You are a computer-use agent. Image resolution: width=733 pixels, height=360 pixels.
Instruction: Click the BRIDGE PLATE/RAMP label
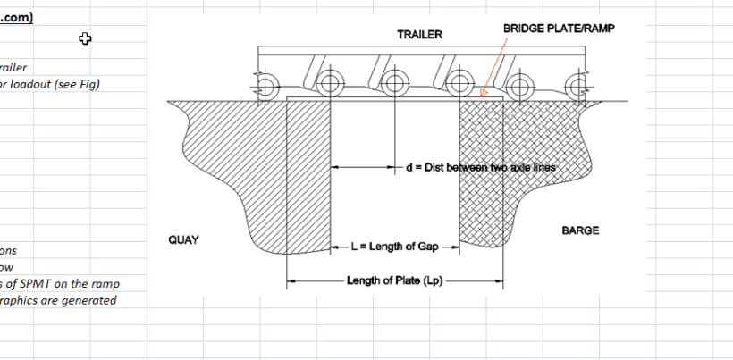tap(559, 29)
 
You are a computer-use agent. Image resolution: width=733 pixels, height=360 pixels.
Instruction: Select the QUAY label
tap(183, 240)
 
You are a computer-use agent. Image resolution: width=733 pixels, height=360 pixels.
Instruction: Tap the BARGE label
tap(580, 230)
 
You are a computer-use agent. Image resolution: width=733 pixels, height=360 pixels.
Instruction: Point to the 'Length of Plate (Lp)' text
tap(394, 280)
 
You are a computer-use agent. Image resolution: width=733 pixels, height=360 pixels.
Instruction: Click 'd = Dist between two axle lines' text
tap(480, 167)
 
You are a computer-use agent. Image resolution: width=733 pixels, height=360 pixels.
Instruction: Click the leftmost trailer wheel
tap(265, 86)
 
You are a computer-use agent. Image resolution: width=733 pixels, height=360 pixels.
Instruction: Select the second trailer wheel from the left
tap(330, 86)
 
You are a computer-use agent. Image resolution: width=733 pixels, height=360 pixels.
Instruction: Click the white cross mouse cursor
tap(85, 38)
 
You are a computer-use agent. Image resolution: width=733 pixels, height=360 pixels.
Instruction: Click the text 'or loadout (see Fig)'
tap(49, 84)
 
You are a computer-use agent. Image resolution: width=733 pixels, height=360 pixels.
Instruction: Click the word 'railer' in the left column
tap(13, 67)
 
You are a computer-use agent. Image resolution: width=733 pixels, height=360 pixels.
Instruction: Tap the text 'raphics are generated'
tap(58, 300)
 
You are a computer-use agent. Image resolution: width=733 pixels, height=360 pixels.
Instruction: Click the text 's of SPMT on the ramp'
tap(60, 283)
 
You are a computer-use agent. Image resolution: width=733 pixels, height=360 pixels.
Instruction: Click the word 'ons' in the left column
tap(8, 250)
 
